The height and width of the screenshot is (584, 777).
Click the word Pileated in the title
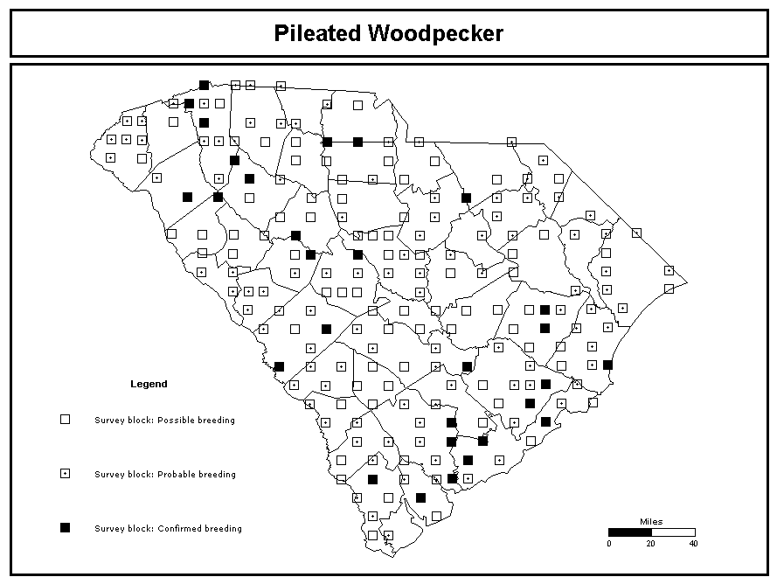pos(317,33)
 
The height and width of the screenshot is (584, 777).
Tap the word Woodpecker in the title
pos(435,33)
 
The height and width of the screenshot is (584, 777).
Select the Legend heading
pos(149,384)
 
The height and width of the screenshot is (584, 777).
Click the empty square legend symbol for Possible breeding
pos(65,420)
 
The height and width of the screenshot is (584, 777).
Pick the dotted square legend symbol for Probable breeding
pos(65,474)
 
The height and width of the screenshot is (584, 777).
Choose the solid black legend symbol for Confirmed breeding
pos(65,527)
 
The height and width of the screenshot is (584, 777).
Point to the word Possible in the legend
pos(176,420)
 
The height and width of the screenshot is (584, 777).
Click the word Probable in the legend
pos(176,474)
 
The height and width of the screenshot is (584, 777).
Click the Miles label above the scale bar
pos(651,522)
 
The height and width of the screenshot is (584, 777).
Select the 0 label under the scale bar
pos(609,544)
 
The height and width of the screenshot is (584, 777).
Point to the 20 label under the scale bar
pos(650,544)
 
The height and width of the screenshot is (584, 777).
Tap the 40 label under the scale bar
pos(693,544)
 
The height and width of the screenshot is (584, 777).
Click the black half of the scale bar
pos(630,532)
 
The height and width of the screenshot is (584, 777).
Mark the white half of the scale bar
pos(674,532)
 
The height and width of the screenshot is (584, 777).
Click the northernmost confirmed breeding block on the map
pos(204,86)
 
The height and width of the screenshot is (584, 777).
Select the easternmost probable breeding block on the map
pos(669,271)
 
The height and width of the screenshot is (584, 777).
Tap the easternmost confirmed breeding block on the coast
pos(607,365)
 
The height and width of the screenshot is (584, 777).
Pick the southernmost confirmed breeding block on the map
pos(420,497)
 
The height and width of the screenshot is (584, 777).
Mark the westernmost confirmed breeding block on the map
pos(187,198)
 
